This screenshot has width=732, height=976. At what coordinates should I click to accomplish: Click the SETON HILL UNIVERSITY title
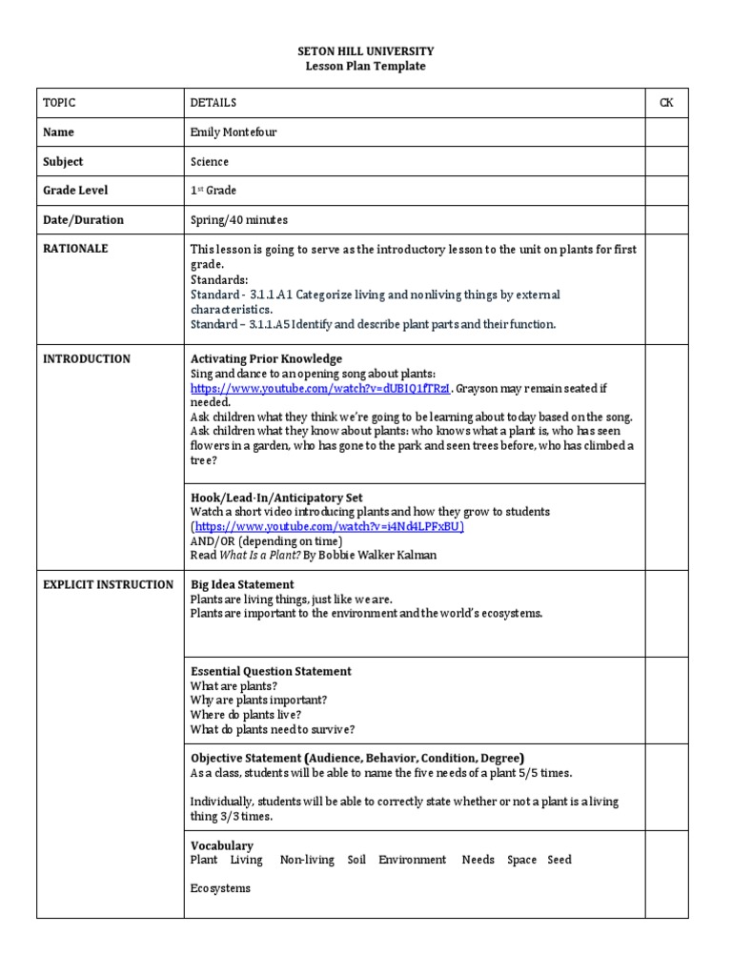point(365,51)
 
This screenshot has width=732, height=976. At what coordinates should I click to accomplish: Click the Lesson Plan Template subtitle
point(365,66)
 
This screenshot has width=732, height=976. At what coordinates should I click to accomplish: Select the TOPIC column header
point(59,103)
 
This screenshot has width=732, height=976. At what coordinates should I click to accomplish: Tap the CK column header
point(666,103)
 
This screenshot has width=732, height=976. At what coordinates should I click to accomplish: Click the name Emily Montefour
point(233,132)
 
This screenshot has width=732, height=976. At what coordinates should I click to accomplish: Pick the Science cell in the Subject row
point(210,162)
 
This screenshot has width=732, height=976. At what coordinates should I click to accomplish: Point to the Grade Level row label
point(75,191)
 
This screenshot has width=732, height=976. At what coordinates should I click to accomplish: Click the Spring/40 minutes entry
point(239,220)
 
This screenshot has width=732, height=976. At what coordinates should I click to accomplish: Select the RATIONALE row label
point(75,249)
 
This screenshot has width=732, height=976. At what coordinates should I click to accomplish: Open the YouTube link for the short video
point(329,526)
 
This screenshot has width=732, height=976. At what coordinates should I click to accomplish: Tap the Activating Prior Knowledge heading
point(266,359)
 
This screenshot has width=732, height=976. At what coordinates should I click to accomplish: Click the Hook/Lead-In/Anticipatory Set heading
point(276,498)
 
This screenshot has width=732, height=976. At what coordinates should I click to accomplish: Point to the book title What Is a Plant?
point(249,555)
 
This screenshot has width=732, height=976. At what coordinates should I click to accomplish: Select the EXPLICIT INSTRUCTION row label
point(108,584)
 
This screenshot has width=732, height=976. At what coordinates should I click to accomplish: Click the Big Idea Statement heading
point(242,584)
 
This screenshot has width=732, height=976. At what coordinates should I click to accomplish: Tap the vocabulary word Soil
point(356,860)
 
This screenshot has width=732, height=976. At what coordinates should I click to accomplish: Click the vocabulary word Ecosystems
point(220,888)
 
